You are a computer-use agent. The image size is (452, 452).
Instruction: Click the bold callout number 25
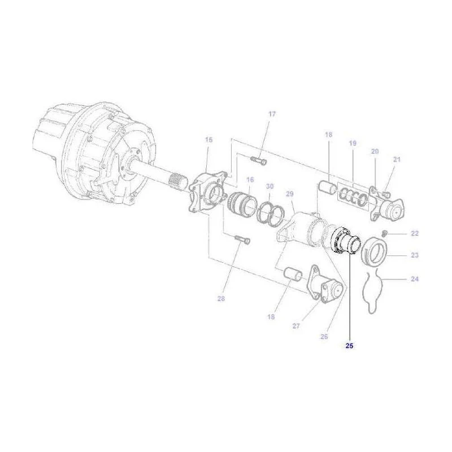point(349,346)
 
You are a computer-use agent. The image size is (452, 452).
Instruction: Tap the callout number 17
point(272,114)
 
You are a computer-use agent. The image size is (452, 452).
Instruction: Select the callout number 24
point(415,279)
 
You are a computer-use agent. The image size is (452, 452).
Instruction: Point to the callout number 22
point(415,233)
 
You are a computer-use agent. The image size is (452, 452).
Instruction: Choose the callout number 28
point(221,299)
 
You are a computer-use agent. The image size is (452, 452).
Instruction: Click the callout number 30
point(270,186)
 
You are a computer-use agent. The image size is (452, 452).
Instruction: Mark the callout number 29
point(289,194)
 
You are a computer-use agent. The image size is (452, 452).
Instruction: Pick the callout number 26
point(324,336)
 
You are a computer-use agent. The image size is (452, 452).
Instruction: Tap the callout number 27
point(296,326)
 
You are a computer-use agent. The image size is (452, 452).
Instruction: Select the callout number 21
point(397,159)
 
